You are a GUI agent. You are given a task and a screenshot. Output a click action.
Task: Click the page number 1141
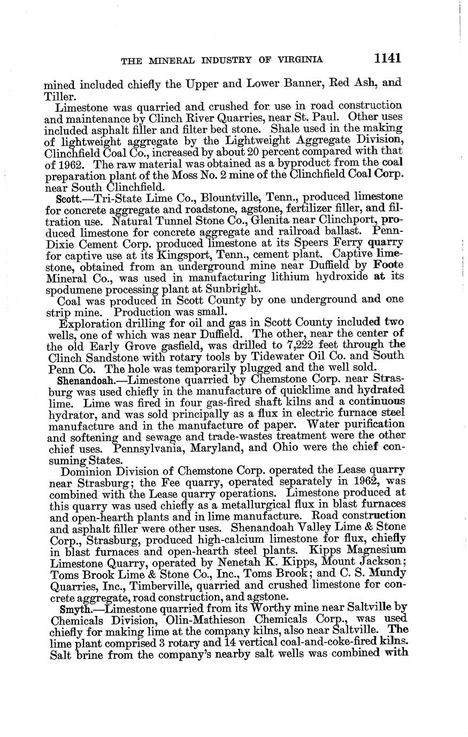(x=388, y=57)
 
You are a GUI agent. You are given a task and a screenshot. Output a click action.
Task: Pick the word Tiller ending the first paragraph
(x=56, y=96)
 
